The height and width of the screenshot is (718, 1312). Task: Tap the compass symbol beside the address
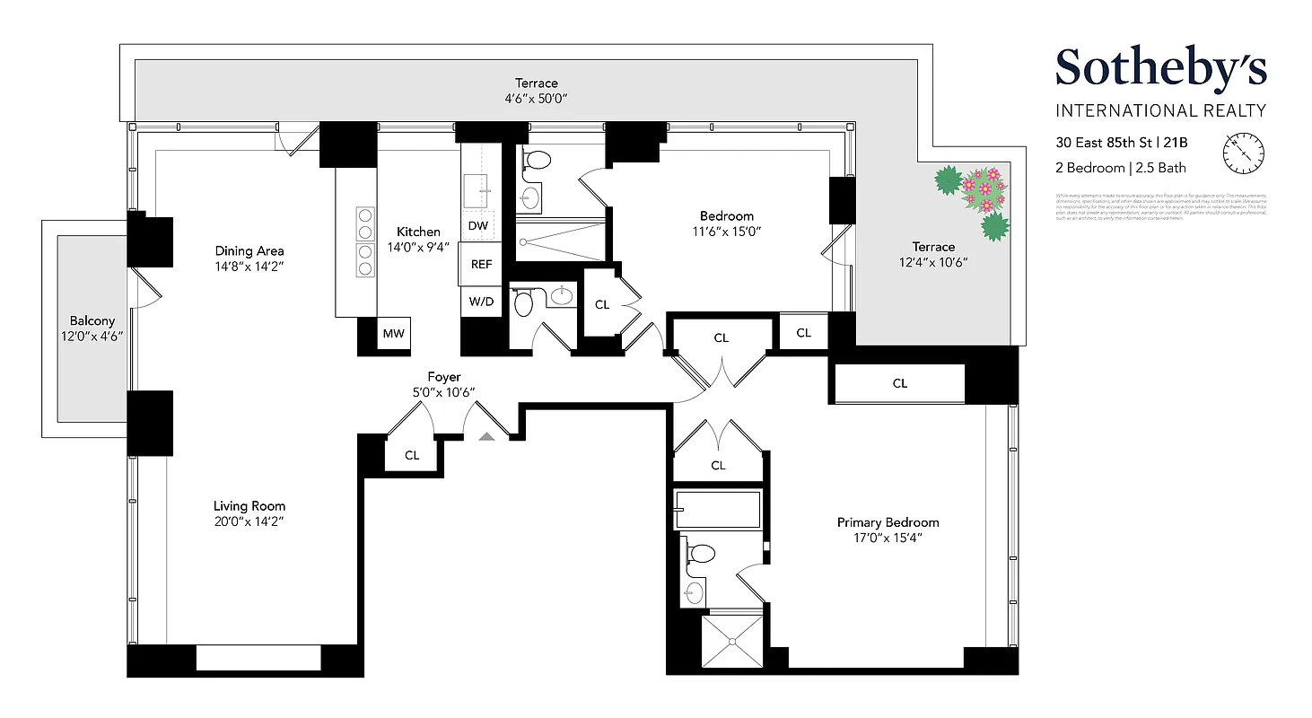click(x=1244, y=153)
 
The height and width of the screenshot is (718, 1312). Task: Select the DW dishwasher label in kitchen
click(x=478, y=225)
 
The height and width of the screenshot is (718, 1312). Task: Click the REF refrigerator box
click(x=481, y=265)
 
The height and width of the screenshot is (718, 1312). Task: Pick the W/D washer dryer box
click(x=481, y=302)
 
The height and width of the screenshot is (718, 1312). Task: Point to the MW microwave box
click(x=393, y=334)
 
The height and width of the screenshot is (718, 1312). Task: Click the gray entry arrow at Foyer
click(x=485, y=436)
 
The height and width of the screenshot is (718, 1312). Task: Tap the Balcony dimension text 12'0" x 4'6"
click(x=85, y=336)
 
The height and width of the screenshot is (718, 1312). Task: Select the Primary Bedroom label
click(x=888, y=522)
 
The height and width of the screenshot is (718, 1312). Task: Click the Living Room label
click(x=249, y=506)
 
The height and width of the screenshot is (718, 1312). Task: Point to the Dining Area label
click(x=249, y=251)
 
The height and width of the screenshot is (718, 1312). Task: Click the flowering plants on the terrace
click(x=975, y=199)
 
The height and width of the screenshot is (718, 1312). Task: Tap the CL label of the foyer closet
click(x=412, y=455)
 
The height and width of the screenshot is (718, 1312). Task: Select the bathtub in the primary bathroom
click(x=718, y=510)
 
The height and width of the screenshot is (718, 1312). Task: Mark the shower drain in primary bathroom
click(x=732, y=641)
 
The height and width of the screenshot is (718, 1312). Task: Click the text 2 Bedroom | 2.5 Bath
click(x=1120, y=168)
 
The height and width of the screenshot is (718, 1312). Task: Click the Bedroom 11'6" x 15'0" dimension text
click(x=726, y=231)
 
